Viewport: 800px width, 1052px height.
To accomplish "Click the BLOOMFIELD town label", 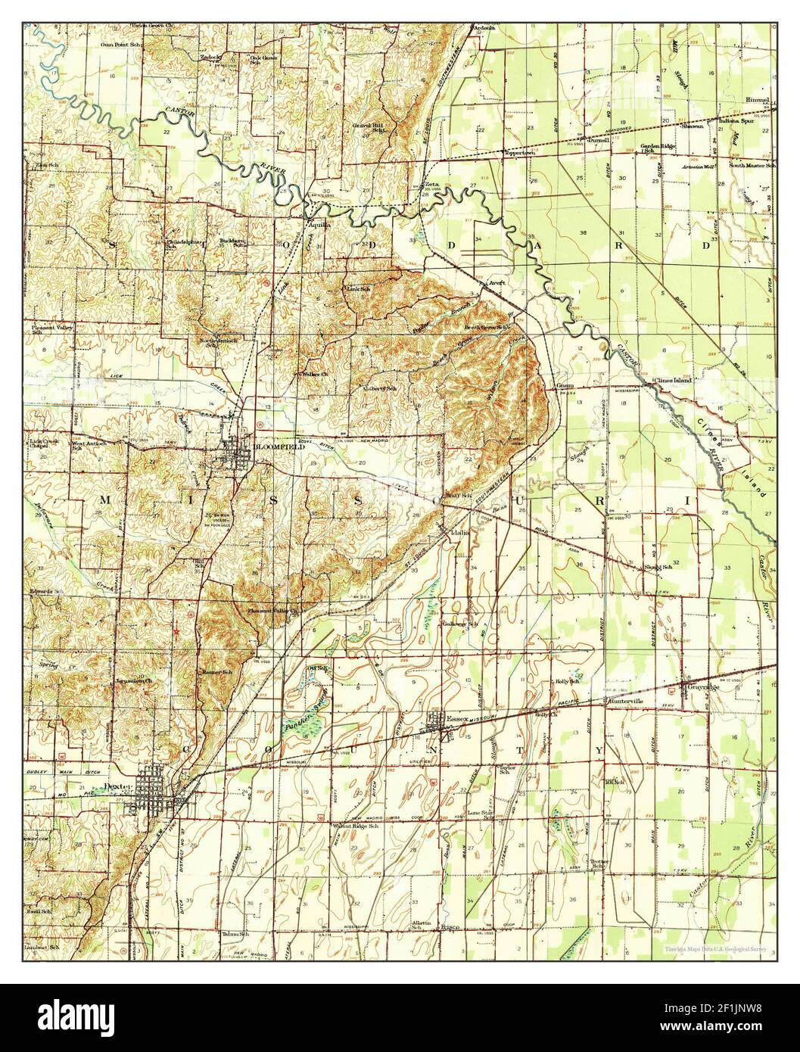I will (279, 447).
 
